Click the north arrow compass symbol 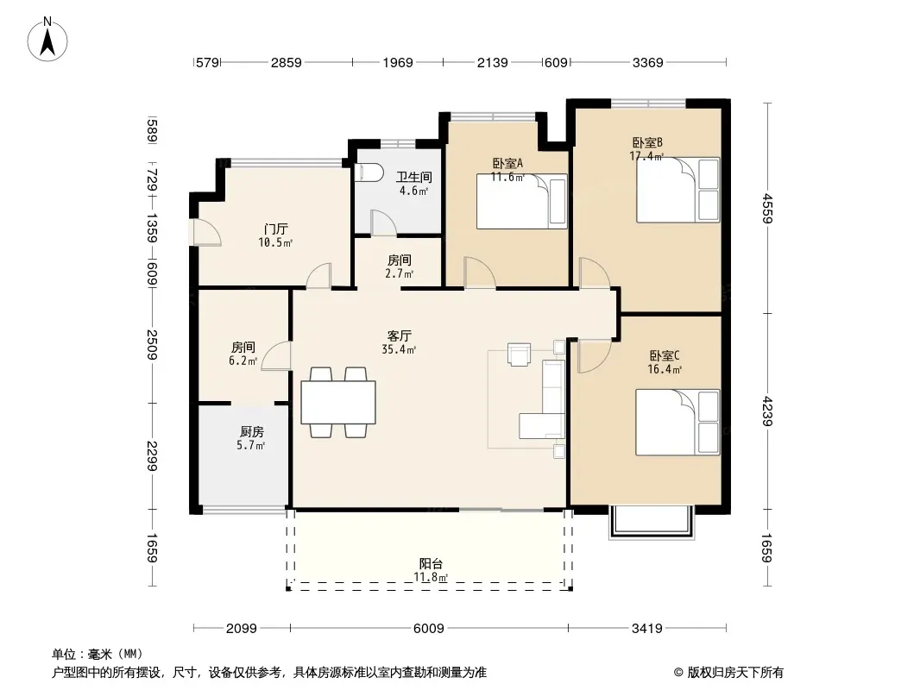(x=47, y=40)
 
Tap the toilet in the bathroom (x=369, y=173)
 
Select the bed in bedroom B (x=678, y=190)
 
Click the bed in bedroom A (x=521, y=201)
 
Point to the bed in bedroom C (x=677, y=422)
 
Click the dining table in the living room (x=338, y=402)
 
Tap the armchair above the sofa (x=520, y=354)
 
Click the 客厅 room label (x=399, y=336)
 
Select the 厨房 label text (x=252, y=432)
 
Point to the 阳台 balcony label (x=431, y=564)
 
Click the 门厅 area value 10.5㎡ (x=275, y=242)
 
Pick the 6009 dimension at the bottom (x=429, y=629)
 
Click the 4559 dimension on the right (x=767, y=208)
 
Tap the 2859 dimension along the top (x=287, y=62)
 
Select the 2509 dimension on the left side (x=152, y=345)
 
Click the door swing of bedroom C (x=595, y=356)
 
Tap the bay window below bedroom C (x=652, y=522)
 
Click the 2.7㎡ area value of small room (x=400, y=273)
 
